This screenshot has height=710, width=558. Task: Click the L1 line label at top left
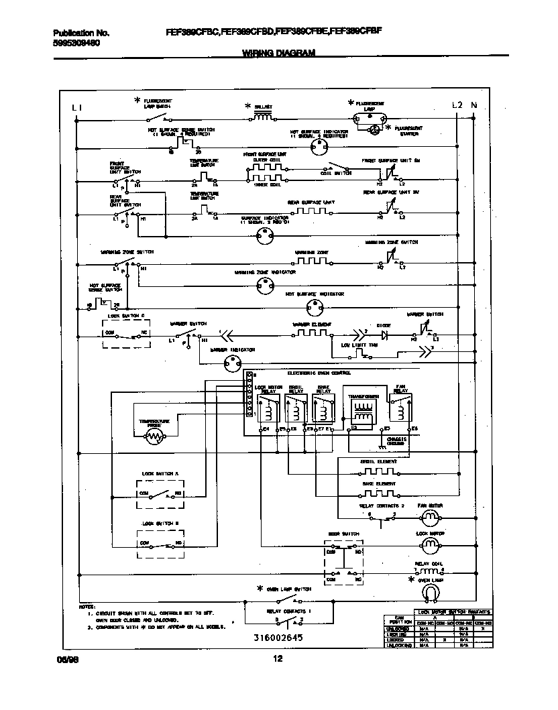[77, 107]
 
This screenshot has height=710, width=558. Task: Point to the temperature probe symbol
[155, 436]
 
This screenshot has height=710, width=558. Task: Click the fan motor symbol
[429, 517]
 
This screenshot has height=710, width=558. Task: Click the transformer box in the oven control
[365, 409]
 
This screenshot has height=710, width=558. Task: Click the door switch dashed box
[343, 563]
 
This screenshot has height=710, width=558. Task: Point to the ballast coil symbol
[262, 117]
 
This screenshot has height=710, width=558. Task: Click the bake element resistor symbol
[377, 493]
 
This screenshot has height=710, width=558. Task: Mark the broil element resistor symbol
[377, 471]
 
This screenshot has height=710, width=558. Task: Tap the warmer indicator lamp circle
[232, 363]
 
